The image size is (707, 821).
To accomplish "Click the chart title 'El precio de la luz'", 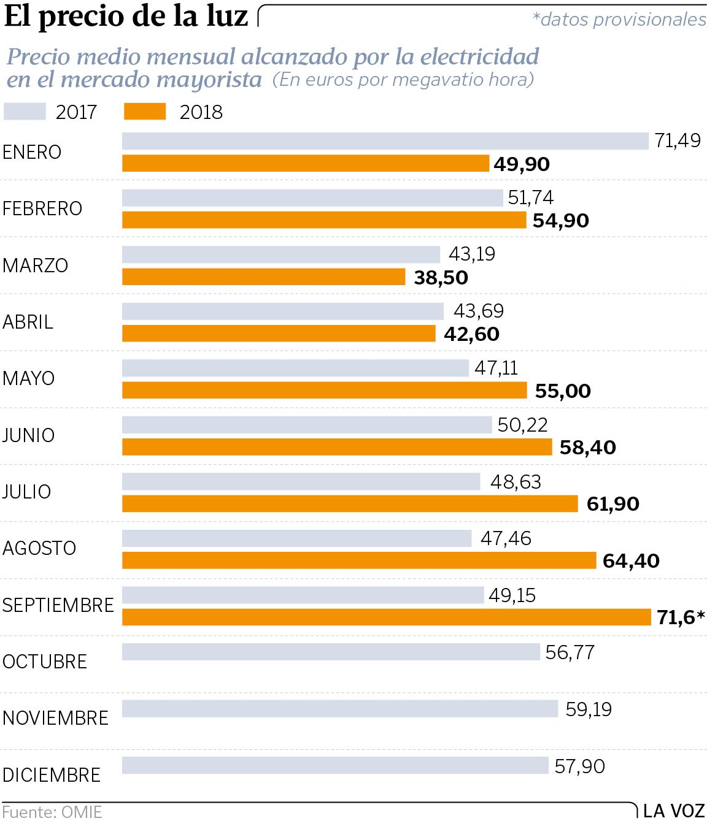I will click(126, 17).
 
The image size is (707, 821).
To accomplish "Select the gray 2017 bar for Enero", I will click(385, 141).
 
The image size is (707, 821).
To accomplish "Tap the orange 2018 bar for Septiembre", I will click(386, 617).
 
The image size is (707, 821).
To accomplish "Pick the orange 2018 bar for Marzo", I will click(263, 277).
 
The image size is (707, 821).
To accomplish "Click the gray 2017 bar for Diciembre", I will click(334, 766).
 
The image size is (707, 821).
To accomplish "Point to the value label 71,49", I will click(678, 141).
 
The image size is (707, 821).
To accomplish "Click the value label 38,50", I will click(441, 278).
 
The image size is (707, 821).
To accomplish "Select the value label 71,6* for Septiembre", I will click(680, 617).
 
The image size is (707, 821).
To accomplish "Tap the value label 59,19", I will click(589, 709).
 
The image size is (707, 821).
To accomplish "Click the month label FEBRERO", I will click(42, 209).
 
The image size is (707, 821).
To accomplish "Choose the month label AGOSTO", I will click(39, 548).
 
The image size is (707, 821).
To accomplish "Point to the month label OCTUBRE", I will click(45, 662).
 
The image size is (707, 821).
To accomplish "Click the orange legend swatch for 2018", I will click(145, 112).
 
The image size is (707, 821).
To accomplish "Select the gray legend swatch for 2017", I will click(25, 112).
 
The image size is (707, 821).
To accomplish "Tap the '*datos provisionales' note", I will click(619, 20).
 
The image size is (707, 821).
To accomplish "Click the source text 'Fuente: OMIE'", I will click(52, 812).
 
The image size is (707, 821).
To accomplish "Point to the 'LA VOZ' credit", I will click(674, 811).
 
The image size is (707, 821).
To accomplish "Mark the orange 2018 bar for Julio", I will click(350, 504).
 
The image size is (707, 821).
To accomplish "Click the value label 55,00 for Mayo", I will click(563, 391).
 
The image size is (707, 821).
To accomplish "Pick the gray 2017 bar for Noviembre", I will click(339, 709).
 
